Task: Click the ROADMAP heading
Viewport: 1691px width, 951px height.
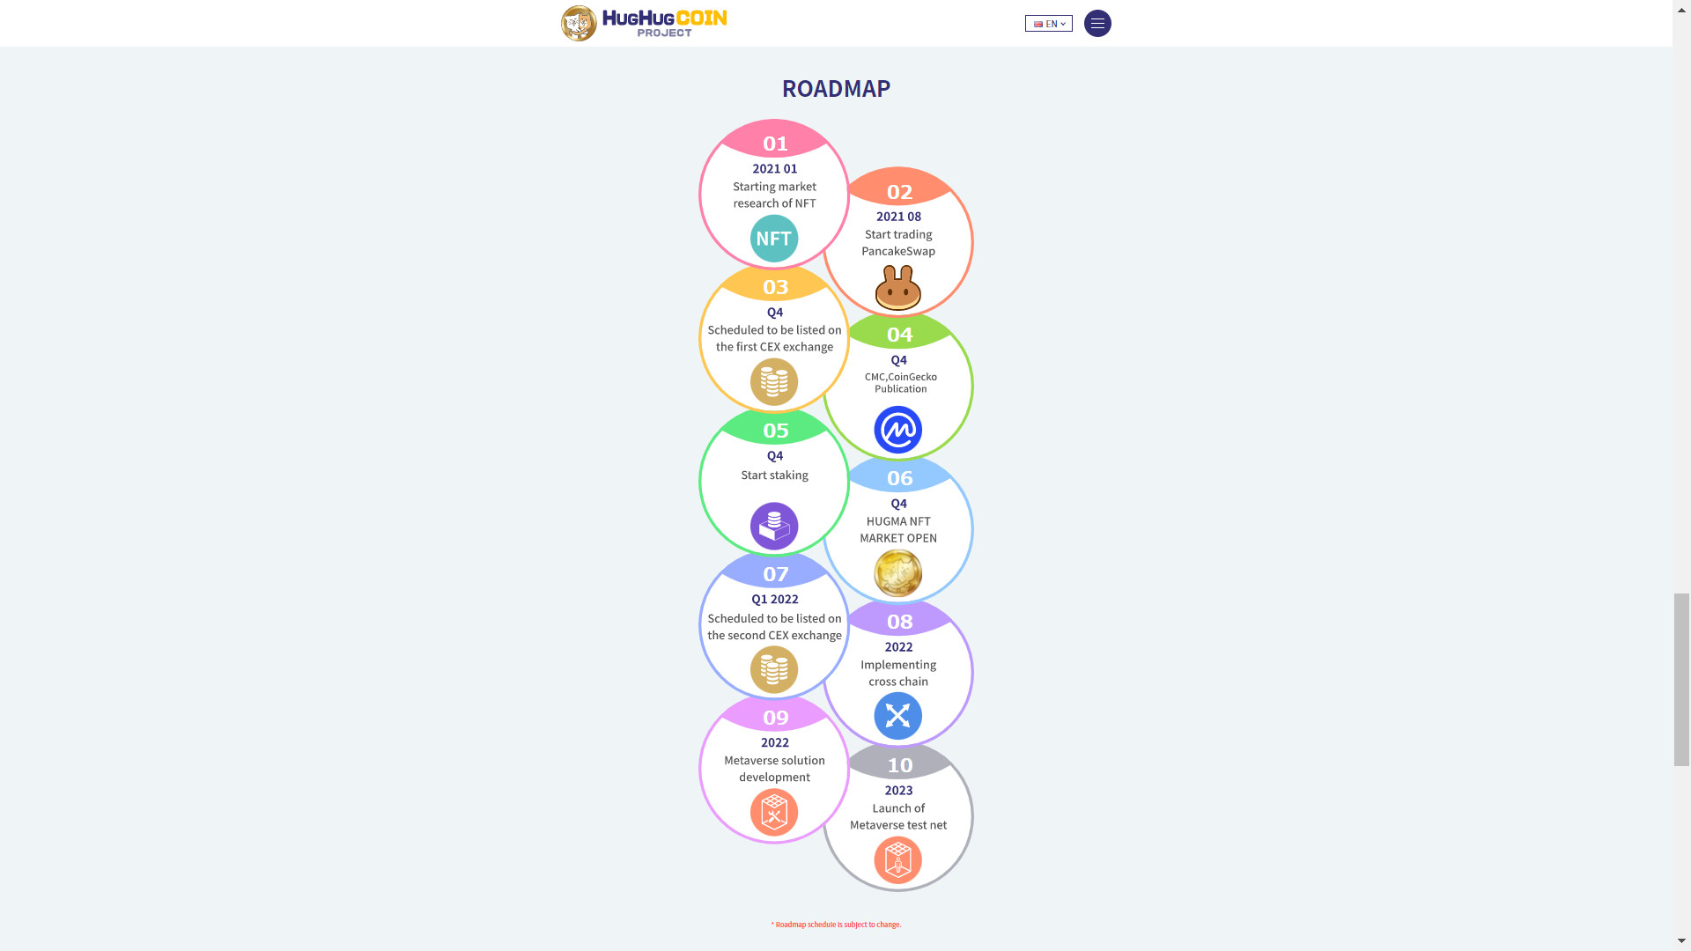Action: [836, 88]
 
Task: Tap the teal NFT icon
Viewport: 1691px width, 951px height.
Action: [774, 239]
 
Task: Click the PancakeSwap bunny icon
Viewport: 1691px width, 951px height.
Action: [898, 287]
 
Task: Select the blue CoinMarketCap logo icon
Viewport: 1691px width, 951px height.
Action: [898, 430]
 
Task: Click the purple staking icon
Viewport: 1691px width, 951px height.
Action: [774, 527]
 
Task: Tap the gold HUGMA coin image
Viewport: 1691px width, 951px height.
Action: [898, 573]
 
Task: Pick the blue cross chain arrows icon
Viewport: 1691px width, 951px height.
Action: [898, 716]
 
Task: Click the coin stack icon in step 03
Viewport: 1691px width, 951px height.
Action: [774, 382]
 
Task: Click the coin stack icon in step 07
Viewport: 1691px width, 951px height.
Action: [774, 670]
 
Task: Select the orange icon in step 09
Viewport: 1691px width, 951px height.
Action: [774, 813]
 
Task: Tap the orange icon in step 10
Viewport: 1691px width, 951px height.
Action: [898, 860]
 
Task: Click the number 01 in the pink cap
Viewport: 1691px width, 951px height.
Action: [775, 144]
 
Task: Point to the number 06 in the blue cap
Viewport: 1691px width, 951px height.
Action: [899, 478]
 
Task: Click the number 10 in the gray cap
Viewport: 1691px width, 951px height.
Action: [899, 765]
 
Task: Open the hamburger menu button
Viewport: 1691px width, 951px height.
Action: [1097, 24]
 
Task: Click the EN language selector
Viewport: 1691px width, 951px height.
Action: [1049, 24]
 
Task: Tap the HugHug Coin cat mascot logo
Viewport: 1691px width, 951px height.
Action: [579, 23]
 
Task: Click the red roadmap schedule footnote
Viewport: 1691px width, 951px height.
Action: [837, 925]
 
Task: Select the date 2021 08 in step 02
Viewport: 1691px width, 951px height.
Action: [898, 217]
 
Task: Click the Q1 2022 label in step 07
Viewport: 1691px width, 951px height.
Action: [775, 600]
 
